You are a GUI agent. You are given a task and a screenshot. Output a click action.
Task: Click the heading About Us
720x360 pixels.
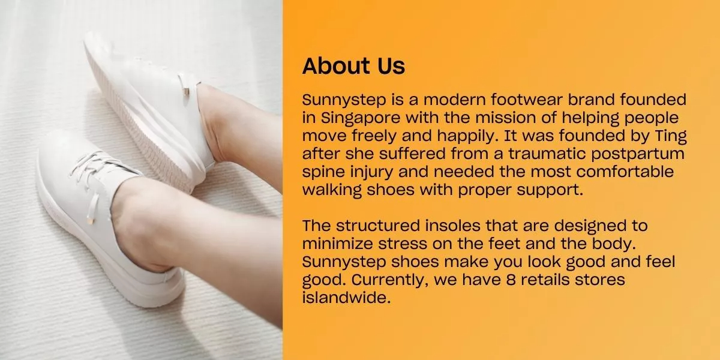click(x=353, y=66)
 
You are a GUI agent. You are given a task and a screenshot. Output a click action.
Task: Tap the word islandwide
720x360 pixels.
click(x=346, y=298)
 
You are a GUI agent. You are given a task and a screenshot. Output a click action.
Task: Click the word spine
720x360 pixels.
click(x=325, y=172)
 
